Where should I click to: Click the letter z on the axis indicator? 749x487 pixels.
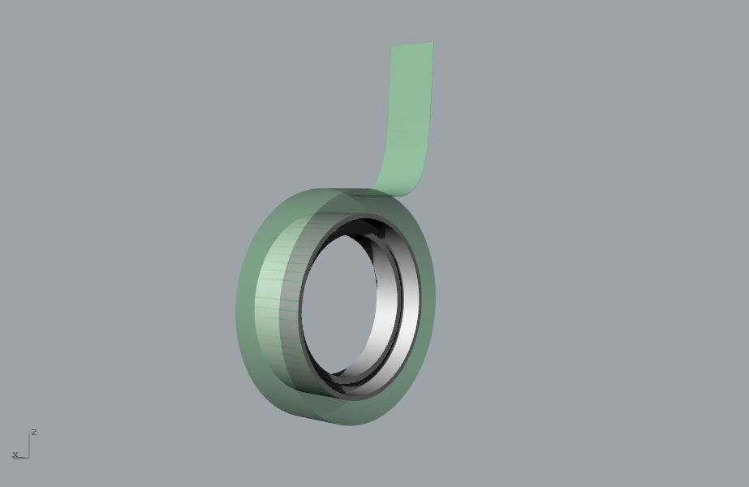pos(34,432)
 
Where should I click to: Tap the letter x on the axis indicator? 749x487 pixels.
pos(15,455)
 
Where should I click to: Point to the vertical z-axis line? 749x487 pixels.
pos(29,446)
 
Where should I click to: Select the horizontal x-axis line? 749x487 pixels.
pos(22,457)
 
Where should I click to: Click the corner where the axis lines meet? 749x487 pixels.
pos(29,457)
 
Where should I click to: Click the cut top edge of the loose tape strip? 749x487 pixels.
pos(412,45)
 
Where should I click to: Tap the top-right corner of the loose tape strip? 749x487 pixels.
pos(433,42)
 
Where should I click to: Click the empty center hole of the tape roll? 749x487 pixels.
pos(341,308)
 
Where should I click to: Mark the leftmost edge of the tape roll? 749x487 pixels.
pos(237,300)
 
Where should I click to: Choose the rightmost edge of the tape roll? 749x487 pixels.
pos(435,292)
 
